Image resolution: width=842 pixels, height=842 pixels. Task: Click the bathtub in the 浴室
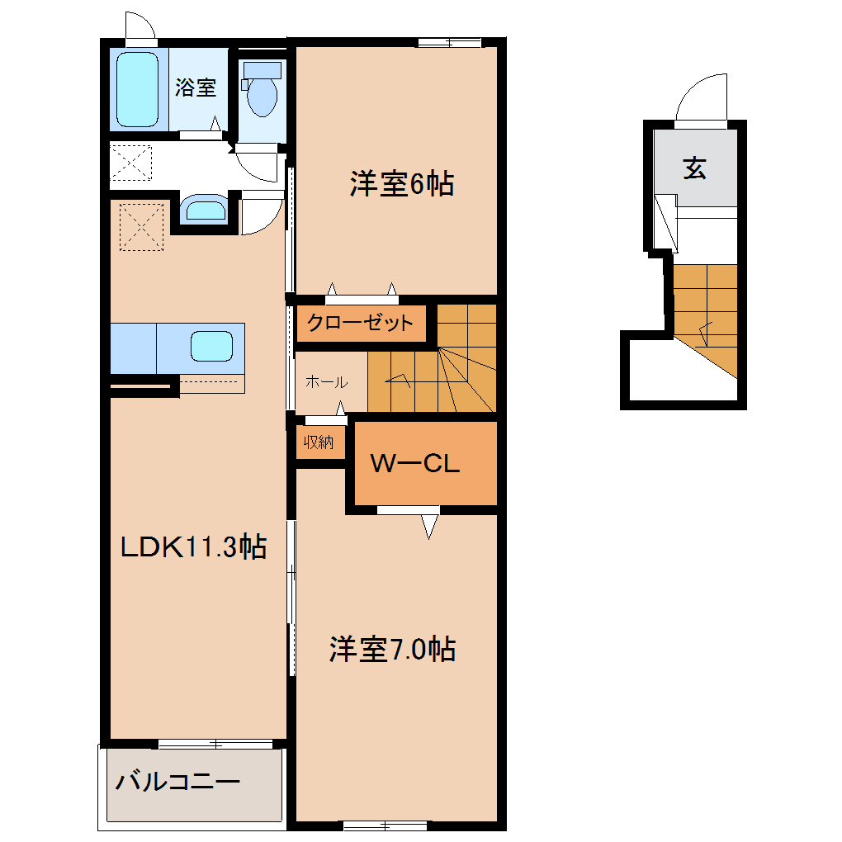138,89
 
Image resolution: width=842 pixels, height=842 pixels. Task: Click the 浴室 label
196,87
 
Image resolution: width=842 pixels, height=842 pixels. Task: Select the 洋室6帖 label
402,183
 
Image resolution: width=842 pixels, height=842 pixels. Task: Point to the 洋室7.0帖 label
393,649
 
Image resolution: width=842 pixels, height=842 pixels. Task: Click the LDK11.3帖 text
193,546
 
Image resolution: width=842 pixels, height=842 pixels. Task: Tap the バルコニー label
177,781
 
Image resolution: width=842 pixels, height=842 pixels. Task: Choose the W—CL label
415,463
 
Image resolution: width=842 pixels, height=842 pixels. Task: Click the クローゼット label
360,322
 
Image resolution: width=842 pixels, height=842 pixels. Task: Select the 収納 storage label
319,442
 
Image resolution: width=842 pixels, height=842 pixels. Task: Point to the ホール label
327,382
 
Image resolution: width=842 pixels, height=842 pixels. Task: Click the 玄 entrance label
694,168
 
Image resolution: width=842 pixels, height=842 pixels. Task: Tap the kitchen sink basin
211,346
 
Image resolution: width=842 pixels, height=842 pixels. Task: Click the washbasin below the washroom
205,209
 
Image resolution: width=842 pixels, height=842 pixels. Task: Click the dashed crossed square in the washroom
131,163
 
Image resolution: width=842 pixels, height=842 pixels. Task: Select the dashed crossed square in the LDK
141,227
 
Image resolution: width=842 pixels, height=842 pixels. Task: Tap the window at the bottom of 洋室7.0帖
385,825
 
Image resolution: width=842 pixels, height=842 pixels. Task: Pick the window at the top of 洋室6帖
449,42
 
